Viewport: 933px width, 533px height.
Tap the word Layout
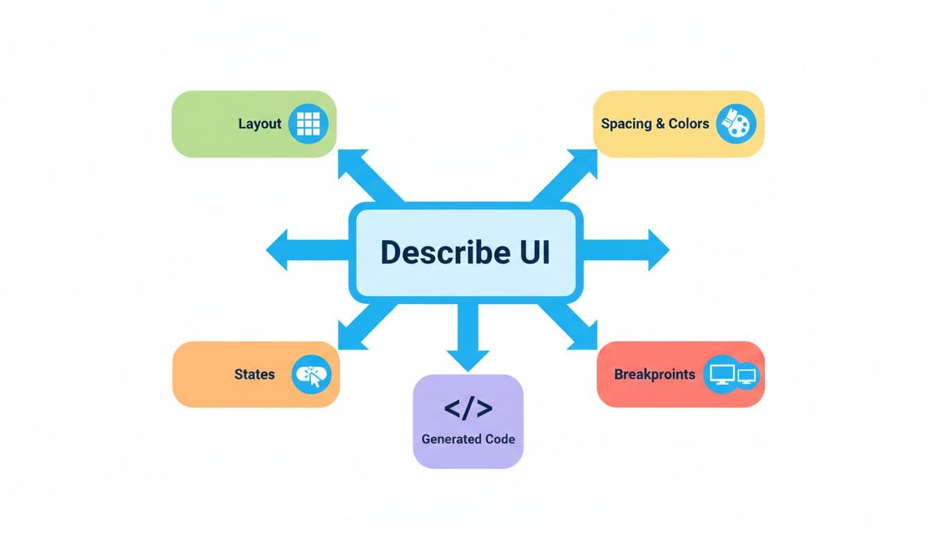(260, 124)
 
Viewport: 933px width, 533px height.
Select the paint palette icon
(735, 125)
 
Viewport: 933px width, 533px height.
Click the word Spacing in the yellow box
(626, 124)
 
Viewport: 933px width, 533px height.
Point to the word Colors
(689, 124)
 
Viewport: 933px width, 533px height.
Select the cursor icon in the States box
(312, 375)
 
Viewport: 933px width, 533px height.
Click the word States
(255, 375)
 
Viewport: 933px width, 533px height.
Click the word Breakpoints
(654, 375)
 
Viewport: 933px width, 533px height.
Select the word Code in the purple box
(500, 439)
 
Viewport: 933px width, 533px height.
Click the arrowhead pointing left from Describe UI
(278, 248)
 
